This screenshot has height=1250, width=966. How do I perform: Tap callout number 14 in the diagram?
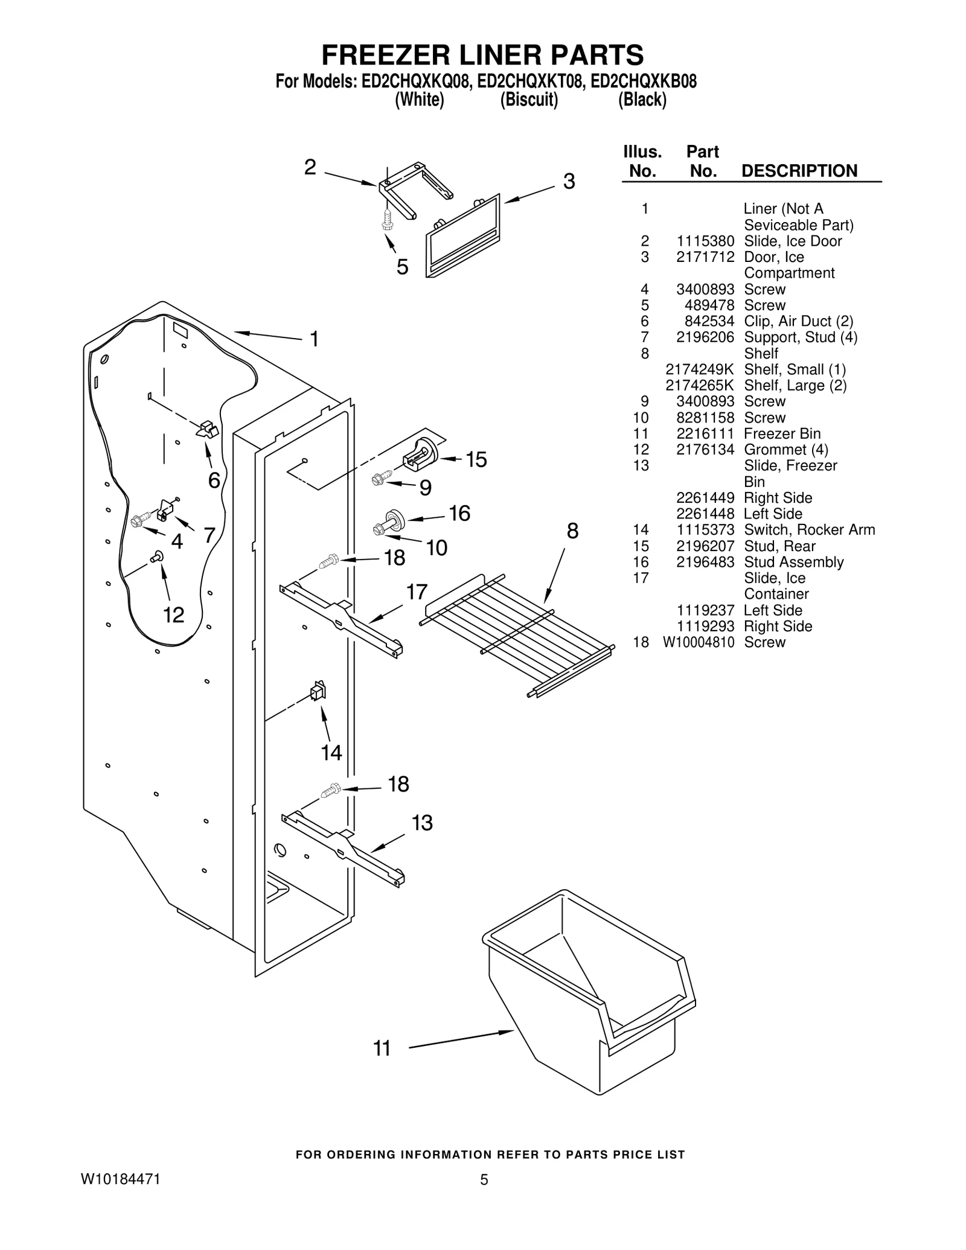tap(331, 753)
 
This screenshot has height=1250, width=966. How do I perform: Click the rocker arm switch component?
tap(317, 691)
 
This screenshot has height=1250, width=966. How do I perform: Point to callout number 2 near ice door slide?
tap(310, 167)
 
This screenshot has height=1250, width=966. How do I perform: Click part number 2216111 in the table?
tap(705, 433)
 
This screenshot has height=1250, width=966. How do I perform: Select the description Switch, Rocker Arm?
tap(809, 530)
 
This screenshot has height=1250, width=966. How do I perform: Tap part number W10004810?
tap(699, 642)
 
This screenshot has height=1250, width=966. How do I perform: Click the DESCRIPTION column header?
tap(799, 171)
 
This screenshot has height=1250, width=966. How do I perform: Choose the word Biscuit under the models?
tap(529, 100)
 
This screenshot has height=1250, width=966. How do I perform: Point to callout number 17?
tap(417, 592)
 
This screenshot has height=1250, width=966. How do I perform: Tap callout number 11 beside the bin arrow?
tap(382, 1048)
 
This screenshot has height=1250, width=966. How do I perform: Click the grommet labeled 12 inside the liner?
tap(158, 556)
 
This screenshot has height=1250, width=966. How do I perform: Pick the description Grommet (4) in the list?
tap(785, 450)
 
